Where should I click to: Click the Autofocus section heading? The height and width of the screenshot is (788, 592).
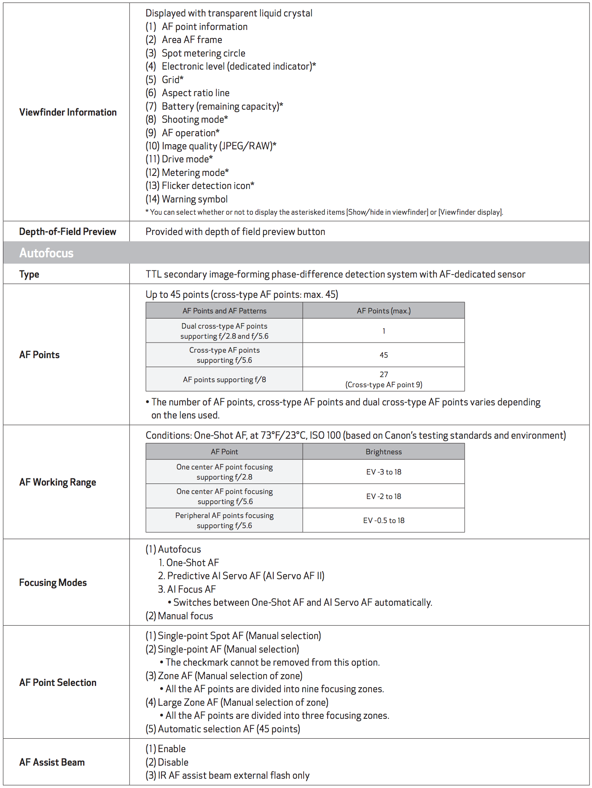tap(46, 253)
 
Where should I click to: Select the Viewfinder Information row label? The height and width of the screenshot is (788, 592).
tap(68, 112)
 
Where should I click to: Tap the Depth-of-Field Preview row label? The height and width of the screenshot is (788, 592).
tap(67, 232)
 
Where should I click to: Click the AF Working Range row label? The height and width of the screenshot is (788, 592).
tap(58, 482)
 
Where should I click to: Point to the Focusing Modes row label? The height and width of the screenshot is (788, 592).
tap(53, 583)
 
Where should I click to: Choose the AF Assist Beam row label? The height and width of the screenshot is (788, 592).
tap(52, 762)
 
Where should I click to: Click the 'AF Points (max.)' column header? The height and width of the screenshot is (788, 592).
tap(383, 311)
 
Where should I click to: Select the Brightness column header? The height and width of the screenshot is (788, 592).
tap(383, 452)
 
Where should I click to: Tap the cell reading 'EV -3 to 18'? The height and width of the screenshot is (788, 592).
tap(383, 472)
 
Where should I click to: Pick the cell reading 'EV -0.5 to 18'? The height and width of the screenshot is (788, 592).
tap(383, 521)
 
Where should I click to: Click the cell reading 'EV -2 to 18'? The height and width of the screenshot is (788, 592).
tap(383, 497)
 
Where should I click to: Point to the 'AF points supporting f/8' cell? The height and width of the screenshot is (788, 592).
tap(224, 380)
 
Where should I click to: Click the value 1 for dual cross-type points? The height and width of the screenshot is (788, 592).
tap(383, 331)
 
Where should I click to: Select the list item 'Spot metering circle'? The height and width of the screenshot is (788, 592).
tap(203, 53)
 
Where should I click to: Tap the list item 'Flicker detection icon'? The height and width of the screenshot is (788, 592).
tap(207, 186)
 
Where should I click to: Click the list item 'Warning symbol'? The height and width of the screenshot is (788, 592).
tap(194, 199)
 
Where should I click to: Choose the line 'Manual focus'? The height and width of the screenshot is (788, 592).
tap(185, 616)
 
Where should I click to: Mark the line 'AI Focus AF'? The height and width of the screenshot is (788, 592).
tap(191, 589)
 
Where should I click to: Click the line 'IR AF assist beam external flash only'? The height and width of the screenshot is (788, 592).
tap(233, 775)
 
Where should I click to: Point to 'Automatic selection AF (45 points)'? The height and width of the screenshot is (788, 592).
tap(229, 729)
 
